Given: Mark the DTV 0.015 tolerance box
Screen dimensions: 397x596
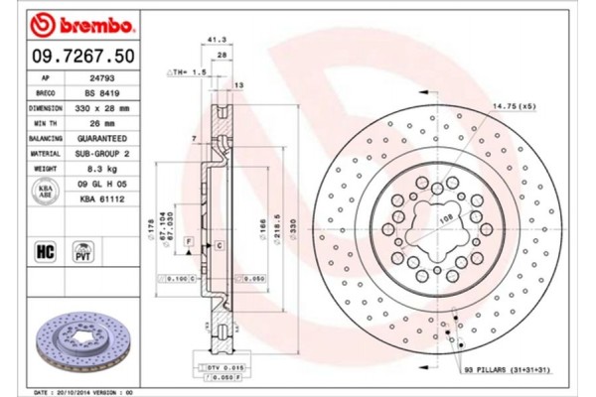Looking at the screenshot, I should (220, 368).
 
